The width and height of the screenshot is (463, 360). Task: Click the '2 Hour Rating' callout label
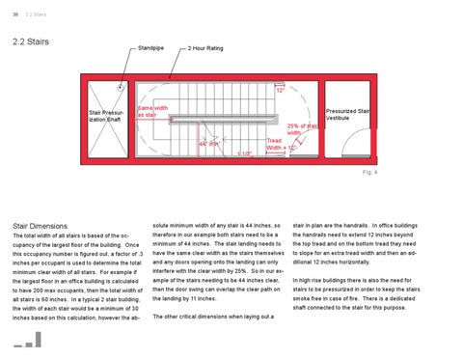click(206, 47)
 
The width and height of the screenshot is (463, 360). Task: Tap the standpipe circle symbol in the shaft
click(120, 86)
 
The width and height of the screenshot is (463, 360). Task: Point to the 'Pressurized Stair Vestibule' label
click(350, 114)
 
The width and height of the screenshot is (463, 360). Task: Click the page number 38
click(15, 14)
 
